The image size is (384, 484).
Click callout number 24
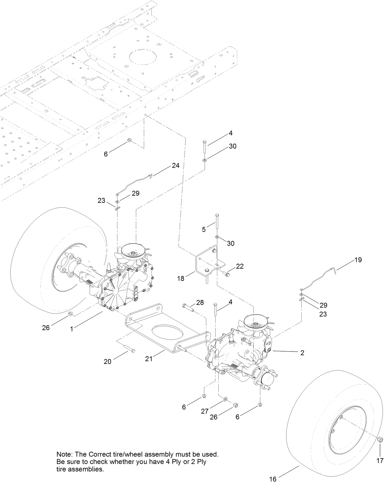(x=176, y=166)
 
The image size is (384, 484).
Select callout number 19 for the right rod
(x=358, y=260)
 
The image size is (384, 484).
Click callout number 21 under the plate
(x=149, y=359)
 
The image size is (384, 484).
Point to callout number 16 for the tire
(x=273, y=479)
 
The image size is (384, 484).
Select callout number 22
(x=240, y=266)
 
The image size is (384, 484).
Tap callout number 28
(x=200, y=303)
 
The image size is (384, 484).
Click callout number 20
(x=107, y=361)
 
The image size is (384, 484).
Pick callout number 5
(x=204, y=229)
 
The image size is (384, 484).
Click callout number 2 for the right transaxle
(x=302, y=353)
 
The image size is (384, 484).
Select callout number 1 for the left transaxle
(x=72, y=329)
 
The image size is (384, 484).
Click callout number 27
(x=205, y=411)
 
